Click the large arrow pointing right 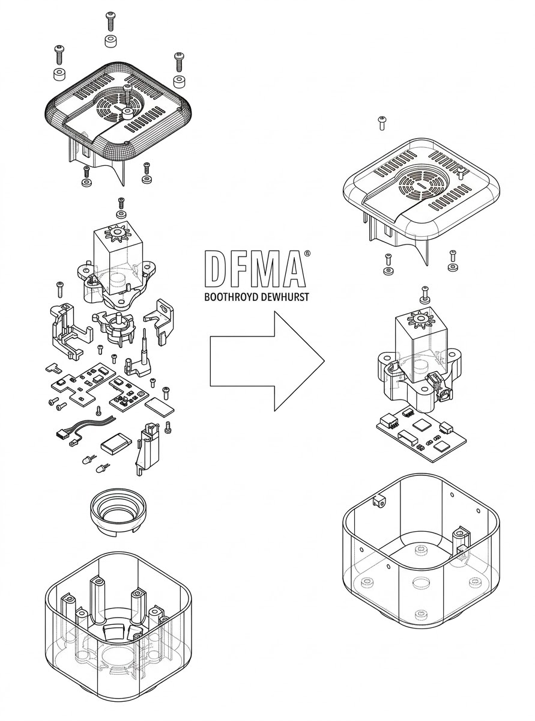coord(264,360)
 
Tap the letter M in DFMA coord(266,270)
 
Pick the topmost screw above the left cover coord(110,20)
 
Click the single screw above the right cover coord(381,123)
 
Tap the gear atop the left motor coord(114,231)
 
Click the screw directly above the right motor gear coord(425,293)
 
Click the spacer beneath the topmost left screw coord(110,42)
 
